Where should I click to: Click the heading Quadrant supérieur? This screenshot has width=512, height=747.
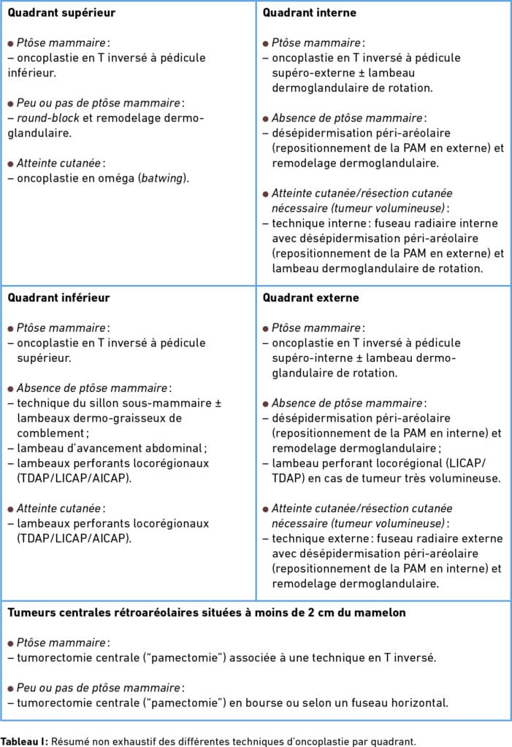coord(61,13)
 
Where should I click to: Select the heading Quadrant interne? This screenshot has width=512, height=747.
coord(310,13)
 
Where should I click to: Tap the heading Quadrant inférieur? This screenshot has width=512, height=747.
coord(58,298)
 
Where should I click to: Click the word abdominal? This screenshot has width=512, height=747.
coord(167,448)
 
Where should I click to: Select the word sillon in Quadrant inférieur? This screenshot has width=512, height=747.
coord(96,403)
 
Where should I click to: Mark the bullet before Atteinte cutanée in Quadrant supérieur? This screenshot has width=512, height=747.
coord(11,163)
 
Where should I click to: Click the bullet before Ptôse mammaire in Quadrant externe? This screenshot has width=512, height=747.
coord(266,328)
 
